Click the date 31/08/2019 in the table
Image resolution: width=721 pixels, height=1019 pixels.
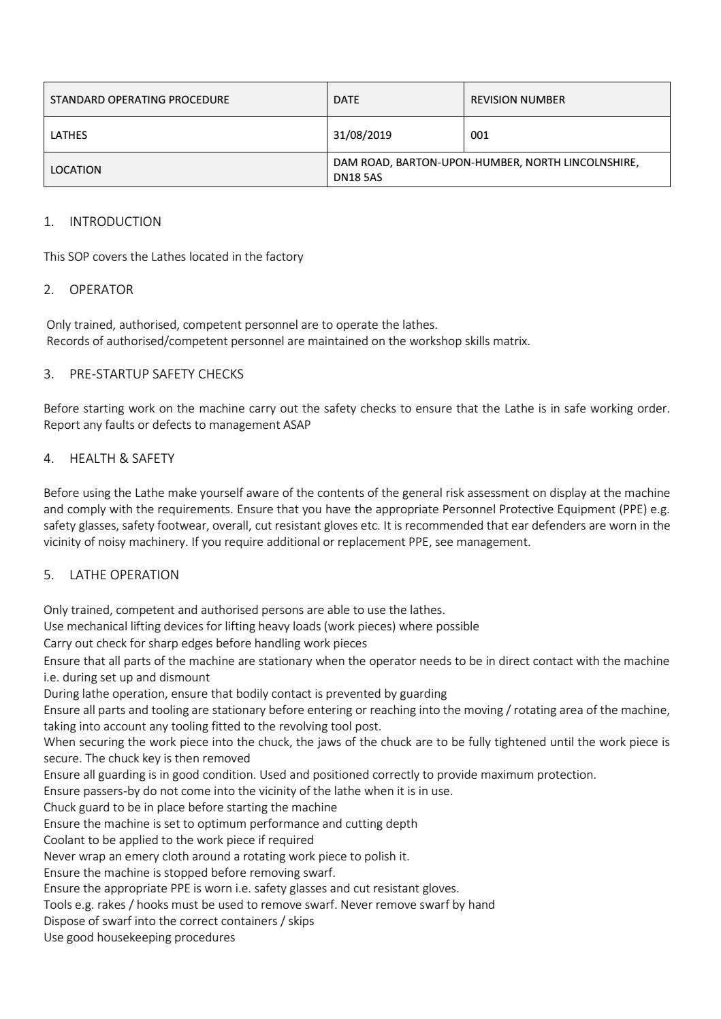click(x=362, y=135)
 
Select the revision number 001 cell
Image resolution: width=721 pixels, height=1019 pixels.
click(x=479, y=135)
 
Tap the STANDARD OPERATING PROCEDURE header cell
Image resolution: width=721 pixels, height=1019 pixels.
click(x=140, y=99)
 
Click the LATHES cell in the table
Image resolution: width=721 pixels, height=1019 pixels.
click(x=69, y=135)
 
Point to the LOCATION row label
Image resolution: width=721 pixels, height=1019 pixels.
click(x=76, y=169)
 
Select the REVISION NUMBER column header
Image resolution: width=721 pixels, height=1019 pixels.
click(x=517, y=99)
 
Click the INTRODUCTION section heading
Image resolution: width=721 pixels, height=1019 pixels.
click(x=115, y=221)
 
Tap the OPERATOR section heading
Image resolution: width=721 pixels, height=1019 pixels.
click(x=101, y=289)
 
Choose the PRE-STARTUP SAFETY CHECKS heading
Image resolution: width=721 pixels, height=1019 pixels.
click(x=156, y=374)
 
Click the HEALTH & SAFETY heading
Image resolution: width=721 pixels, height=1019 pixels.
click(x=122, y=458)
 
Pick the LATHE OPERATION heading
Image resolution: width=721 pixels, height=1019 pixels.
click(x=124, y=575)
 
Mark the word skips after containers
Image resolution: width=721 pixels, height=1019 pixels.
click(x=301, y=921)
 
